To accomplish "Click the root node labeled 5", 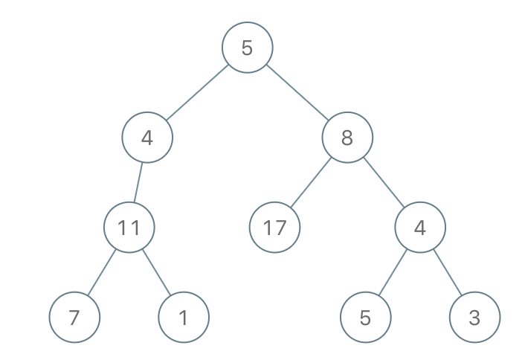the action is click(248, 48).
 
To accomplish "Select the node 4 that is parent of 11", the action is click(147, 138).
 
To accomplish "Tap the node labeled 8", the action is click(347, 138).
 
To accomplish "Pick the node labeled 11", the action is click(129, 227).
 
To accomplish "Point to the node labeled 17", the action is click(274, 227).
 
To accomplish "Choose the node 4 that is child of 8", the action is click(420, 227).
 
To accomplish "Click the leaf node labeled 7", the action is click(74, 317).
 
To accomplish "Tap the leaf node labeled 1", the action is click(184, 317).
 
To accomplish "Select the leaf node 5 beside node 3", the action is click(366, 317).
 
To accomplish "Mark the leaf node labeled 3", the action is click(474, 317).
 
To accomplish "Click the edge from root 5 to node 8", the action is click(297, 92).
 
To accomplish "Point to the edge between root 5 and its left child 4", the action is click(197, 92).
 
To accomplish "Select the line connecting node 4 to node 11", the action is click(138, 182).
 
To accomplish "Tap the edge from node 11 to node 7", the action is click(102, 272).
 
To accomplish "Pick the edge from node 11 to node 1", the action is click(156, 272).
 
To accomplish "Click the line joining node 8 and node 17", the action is click(311, 182).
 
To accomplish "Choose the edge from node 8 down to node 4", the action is click(384, 182).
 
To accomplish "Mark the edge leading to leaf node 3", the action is click(448, 272).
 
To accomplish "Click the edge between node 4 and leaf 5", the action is click(393, 272).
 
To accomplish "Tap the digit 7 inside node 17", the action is click(280, 228).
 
